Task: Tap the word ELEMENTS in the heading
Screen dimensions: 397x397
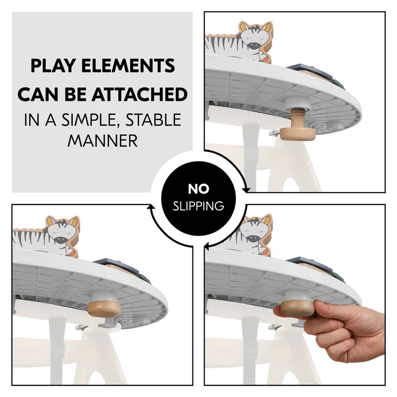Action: pyautogui.click(x=128, y=66)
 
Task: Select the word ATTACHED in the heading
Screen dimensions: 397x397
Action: pyautogui.click(x=139, y=95)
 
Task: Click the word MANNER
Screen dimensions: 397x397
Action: pyautogui.click(x=103, y=140)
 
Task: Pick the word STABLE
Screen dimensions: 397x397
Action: pyautogui.click(x=154, y=120)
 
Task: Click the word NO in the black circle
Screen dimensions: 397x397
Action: pyautogui.click(x=199, y=189)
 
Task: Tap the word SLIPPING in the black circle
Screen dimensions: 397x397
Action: pyautogui.click(x=199, y=206)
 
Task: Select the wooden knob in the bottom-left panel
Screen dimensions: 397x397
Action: pyautogui.click(x=104, y=309)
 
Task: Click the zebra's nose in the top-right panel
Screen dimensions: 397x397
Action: pyautogui.click(x=254, y=46)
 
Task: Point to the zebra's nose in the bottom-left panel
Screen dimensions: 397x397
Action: pyautogui.click(x=60, y=240)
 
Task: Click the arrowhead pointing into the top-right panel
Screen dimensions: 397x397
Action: pyautogui.click(x=246, y=190)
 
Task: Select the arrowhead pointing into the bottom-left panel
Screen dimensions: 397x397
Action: pyautogui.click(x=151, y=207)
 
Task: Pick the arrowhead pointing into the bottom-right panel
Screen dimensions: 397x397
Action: pyautogui.click(x=206, y=246)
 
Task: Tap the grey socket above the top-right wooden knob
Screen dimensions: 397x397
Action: pyautogui.click(x=298, y=104)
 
